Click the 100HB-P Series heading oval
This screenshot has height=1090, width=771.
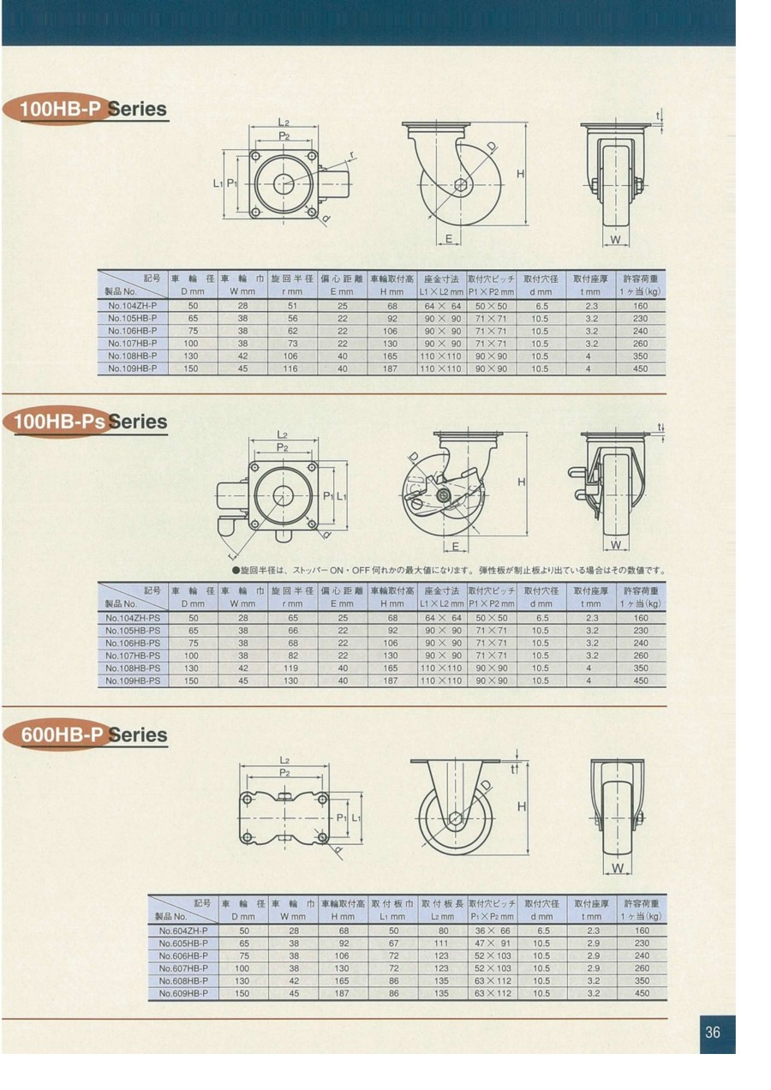click(x=57, y=109)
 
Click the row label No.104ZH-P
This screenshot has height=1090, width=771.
click(x=132, y=306)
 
